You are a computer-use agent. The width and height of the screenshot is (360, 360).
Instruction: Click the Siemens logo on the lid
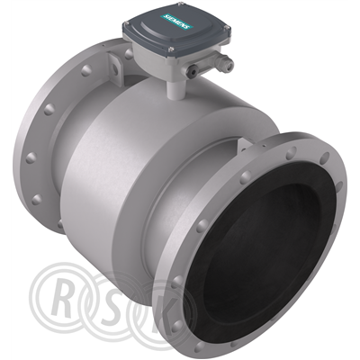(178, 22)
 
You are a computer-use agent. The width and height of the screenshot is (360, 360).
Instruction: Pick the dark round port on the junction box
(192, 70)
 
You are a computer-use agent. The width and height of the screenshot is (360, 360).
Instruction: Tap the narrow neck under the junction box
(175, 89)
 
